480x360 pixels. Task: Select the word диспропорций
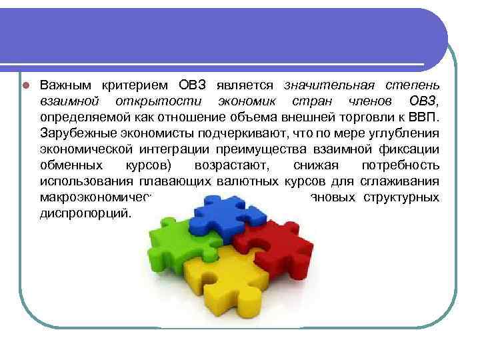pos(85,213)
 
